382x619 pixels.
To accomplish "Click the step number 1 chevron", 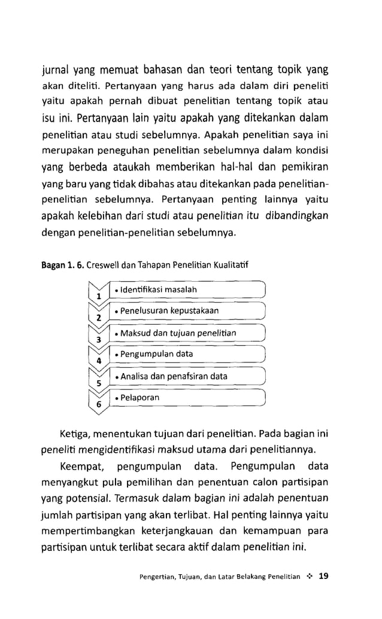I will point(98,292).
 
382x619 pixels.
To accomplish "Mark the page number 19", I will point(325,577).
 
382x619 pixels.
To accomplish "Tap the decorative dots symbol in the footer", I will point(310,577).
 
